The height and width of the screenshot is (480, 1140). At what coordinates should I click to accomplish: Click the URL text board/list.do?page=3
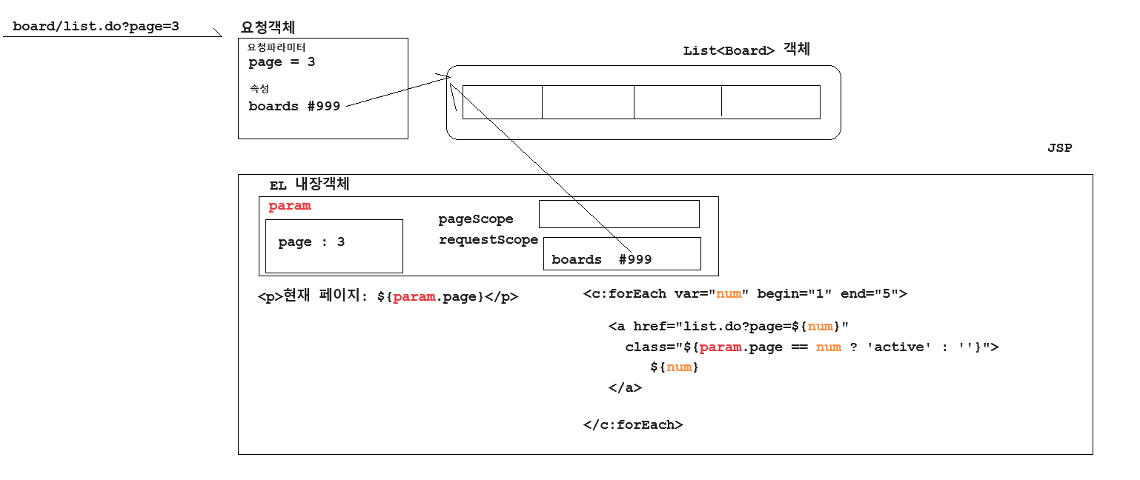tap(96, 27)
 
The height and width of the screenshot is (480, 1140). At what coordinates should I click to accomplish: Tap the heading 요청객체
tap(268, 27)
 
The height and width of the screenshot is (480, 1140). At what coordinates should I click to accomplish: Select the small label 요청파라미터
tap(276, 47)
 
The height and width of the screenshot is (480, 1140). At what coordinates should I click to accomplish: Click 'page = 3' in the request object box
tap(282, 62)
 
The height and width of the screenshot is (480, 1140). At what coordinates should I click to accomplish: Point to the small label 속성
tap(259, 89)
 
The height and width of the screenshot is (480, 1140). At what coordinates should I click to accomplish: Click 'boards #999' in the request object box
tap(294, 107)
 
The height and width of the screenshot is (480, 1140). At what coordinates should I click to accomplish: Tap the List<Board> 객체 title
tap(746, 50)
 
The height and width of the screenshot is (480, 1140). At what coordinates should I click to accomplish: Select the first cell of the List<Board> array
tap(502, 102)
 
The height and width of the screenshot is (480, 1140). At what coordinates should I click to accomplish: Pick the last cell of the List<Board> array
tap(771, 102)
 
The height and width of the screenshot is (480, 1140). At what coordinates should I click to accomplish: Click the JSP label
tap(1059, 148)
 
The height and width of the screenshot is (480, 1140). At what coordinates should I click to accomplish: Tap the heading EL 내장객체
tap(309, 185)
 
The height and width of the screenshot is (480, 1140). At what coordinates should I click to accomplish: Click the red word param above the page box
tap(290, 206)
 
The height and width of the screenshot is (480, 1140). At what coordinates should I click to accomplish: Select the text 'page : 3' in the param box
tap(311, 242)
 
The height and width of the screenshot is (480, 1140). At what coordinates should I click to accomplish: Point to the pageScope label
tap(476, 219)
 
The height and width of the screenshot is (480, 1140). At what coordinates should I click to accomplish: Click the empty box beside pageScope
tap(619, 214)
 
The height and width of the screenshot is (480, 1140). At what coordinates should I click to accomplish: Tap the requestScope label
tap(488, 240)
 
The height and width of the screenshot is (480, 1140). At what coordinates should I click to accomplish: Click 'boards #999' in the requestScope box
tap(601, 259)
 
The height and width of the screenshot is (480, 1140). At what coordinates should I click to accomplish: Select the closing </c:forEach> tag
tap(633, 425)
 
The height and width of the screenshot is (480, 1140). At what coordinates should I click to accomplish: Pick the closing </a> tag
tap(625, 387)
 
